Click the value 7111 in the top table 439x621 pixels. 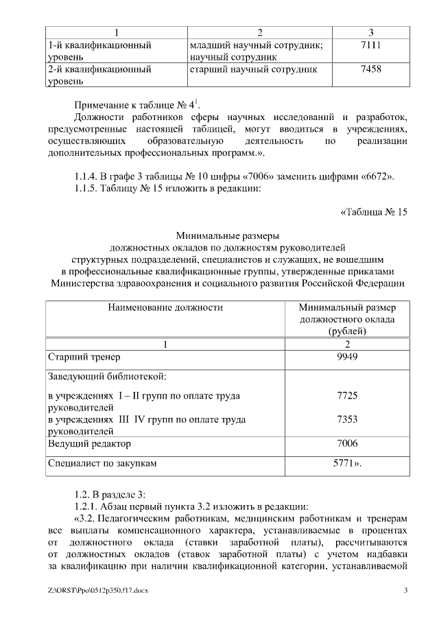370,45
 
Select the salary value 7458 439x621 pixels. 370,69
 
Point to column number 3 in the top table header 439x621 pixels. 370,32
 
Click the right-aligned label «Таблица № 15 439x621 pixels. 374,211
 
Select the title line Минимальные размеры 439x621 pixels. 227,235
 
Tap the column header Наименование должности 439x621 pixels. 165,307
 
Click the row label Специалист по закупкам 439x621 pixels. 102,463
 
